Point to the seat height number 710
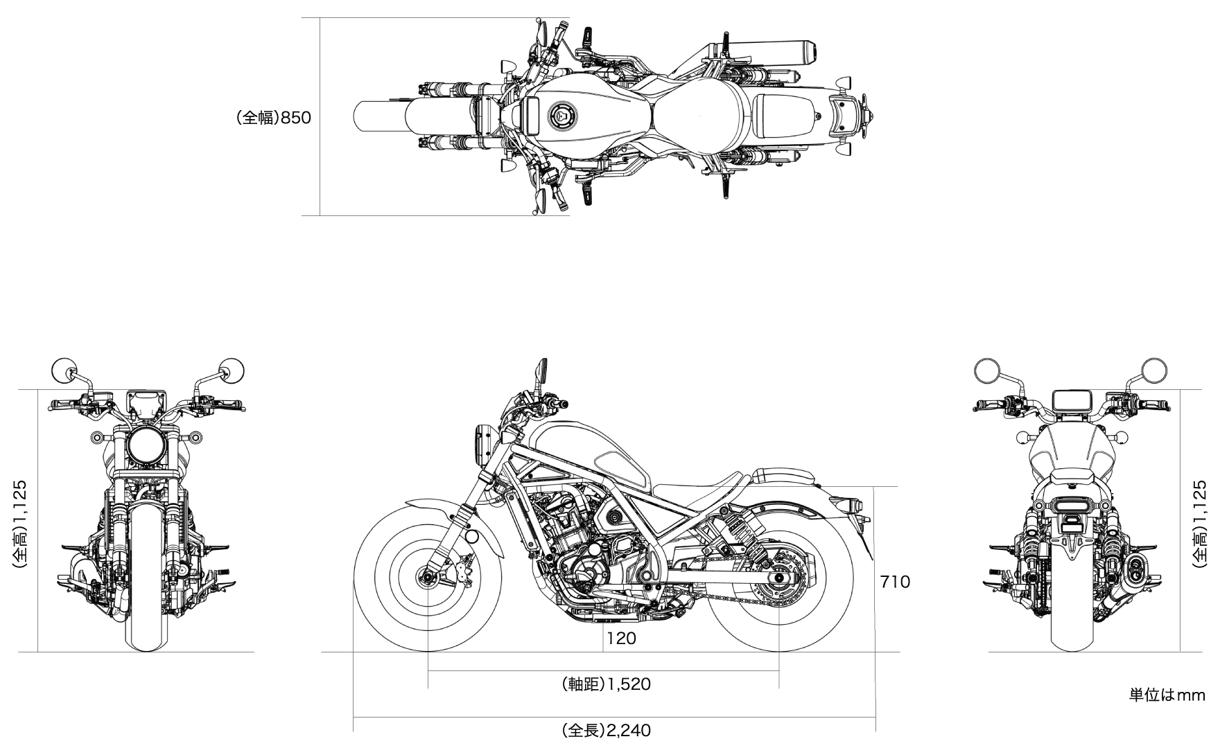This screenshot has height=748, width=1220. coord(895,582)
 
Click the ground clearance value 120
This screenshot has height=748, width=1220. coord(621,639)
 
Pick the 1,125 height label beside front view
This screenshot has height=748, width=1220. coord(20,525)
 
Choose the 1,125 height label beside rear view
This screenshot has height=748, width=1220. coord(1200,525)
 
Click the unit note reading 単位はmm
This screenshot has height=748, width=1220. coord(1167,695)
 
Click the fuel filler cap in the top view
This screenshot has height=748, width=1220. coord(561,116)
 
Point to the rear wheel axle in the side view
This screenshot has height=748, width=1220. coord(779,576)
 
